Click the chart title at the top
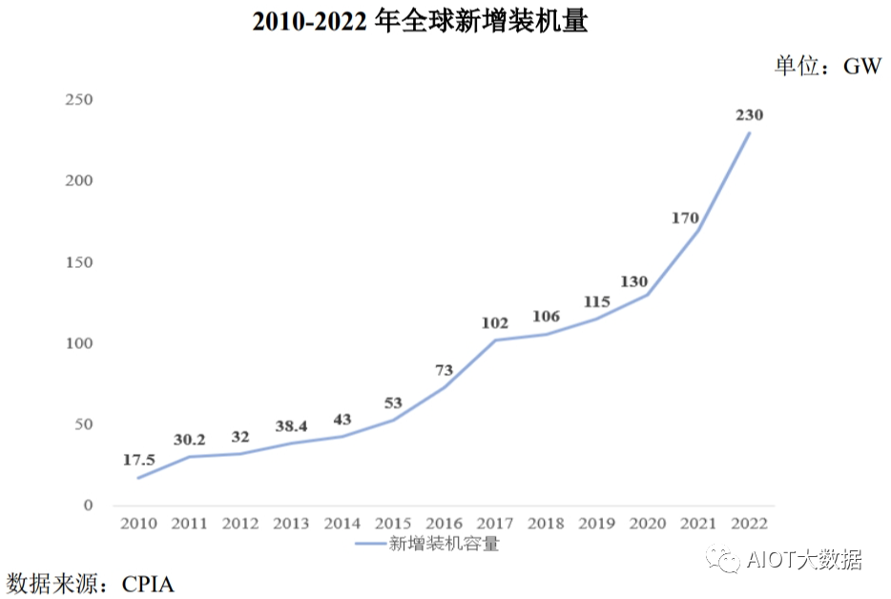point(420,22)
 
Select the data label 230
point(749,114)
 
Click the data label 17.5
point(138,460)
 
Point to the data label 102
point(495,323)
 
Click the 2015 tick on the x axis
point(393,524)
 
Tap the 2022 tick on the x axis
point(749,524)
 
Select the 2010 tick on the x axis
point(138,524)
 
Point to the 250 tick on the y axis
point(79,99)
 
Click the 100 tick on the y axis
point(79,343)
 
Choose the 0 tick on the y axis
point(89,506)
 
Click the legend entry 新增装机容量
point(444,545)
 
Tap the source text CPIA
point(148,583)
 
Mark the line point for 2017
point(495,340)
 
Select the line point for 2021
point(698,230)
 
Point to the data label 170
point(686,217)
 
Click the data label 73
point(444,370)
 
